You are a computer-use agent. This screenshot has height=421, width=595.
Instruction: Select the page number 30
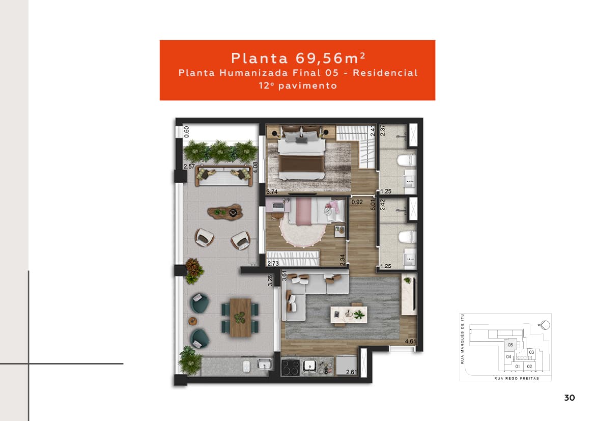[x=570, y=398]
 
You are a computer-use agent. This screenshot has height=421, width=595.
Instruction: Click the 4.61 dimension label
[x=411, y=342]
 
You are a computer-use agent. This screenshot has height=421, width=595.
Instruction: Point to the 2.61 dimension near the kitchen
[x=351, y=373]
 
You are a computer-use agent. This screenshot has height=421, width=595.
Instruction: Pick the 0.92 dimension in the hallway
[x=357, y=203]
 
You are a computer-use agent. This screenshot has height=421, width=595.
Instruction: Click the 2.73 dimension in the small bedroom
[x=273, y=264]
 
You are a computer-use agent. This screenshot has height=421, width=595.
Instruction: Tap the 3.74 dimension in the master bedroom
[x=272, y=192]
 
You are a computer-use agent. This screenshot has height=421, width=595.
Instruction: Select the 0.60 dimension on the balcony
[x=186, y=131]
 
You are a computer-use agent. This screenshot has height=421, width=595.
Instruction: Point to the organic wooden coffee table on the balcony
[x=224, y=211]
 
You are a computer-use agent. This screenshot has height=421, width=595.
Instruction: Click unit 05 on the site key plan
[x=510, y=345]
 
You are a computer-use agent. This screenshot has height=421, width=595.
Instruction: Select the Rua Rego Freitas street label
[x=516, y=379]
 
